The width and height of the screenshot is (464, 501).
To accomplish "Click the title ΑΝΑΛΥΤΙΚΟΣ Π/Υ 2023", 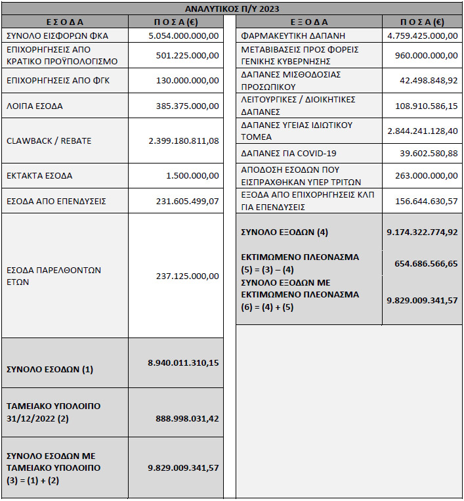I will [232, 8].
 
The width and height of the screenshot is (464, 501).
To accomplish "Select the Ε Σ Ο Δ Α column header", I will [64, 22].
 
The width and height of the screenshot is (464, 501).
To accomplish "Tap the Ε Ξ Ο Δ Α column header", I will [308, 22].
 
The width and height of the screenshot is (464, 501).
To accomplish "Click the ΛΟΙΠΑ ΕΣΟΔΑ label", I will [34, 105].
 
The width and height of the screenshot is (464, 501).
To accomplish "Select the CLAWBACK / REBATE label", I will [49, 141].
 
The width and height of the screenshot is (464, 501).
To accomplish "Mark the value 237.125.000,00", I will [187, 276].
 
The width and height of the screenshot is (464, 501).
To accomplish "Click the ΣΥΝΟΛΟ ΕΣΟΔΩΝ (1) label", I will [50, 369].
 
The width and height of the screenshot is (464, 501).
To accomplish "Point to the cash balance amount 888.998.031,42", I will [187, 418].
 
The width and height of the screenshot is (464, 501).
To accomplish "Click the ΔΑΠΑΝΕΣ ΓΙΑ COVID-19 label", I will [289, 153].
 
